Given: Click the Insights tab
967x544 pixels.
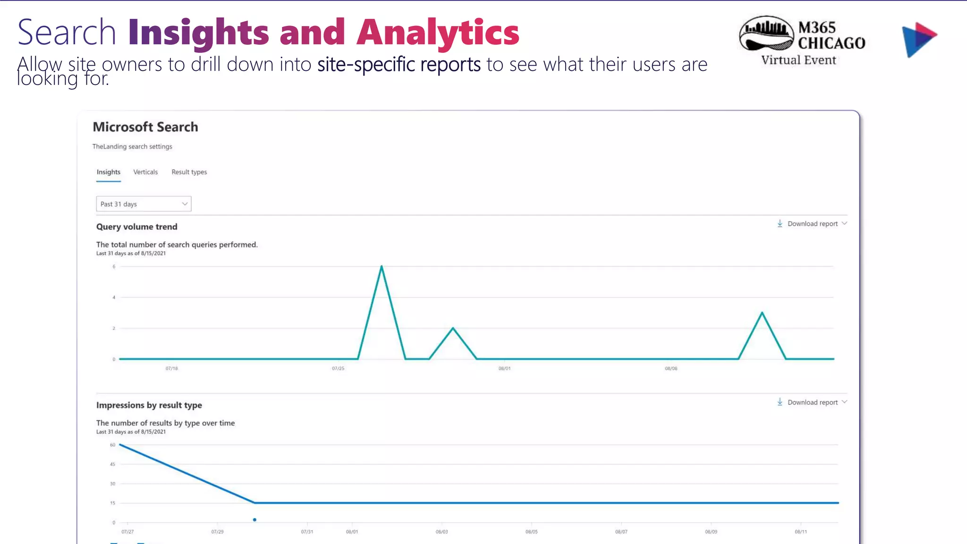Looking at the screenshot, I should pyautogui.click(x=108, y=172).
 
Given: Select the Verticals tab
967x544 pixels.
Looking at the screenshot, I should pyautogui.click(x=145, y=172).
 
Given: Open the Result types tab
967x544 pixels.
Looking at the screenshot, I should pyautogui.click(x=189, y=172).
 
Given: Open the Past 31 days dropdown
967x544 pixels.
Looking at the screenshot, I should pyautogui.click(x=144, y=204).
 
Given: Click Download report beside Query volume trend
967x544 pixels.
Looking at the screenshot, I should pyautogui.click(x=812, y=224).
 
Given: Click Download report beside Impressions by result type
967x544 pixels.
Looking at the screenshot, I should pyautogui.click(x=812, y=402).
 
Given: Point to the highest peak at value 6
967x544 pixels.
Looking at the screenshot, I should pyautogui.click(x=382, y=267).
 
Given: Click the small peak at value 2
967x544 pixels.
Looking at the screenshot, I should pyautogui.click(x=453, y=328).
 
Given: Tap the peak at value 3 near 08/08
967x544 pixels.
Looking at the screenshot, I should pyautogui.click(x=762, y=313).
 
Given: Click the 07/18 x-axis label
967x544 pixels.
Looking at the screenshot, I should pyautogui.click(x=172, y=368).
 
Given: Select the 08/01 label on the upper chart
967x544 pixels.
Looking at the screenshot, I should pyautogui.click(x=504, y=368).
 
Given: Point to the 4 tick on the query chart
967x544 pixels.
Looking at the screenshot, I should pyautogui.click(x=114, y=297).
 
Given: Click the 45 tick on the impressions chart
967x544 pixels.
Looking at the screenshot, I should pyautogui.click(x=112, y=464).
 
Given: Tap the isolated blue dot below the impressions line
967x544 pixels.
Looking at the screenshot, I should pyautogui.click(x=254, y=520).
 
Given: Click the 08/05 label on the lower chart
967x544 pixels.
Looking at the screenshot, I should pyautogui.click(x=531, y=532).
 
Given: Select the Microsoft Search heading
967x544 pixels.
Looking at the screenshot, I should pyautogui.click(x=145, y=127).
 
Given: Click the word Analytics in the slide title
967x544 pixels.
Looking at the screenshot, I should pyautogui.click(x=438, y=33).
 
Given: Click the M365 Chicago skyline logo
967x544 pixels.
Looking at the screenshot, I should pyautogui.click(x=766, y=34).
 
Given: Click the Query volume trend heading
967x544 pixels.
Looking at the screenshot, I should pyautogui.click(x=137, y=227).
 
